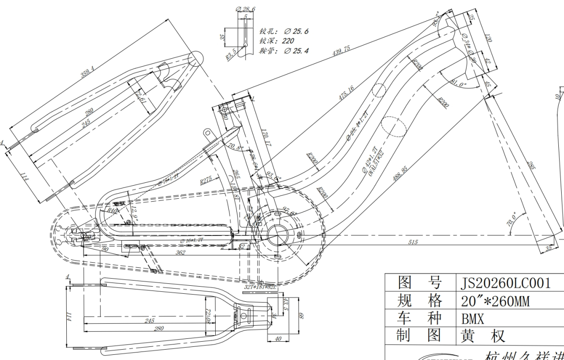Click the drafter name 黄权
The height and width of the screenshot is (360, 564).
(484, 336)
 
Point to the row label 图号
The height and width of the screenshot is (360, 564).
(420, 283)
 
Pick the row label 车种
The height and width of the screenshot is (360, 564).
(420, 319)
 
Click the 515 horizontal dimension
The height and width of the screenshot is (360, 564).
(413, 242)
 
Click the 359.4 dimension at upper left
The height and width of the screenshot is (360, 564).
(87, 72)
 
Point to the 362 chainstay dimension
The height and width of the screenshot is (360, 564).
(180, 252)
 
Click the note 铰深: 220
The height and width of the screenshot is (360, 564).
(277, 41)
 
